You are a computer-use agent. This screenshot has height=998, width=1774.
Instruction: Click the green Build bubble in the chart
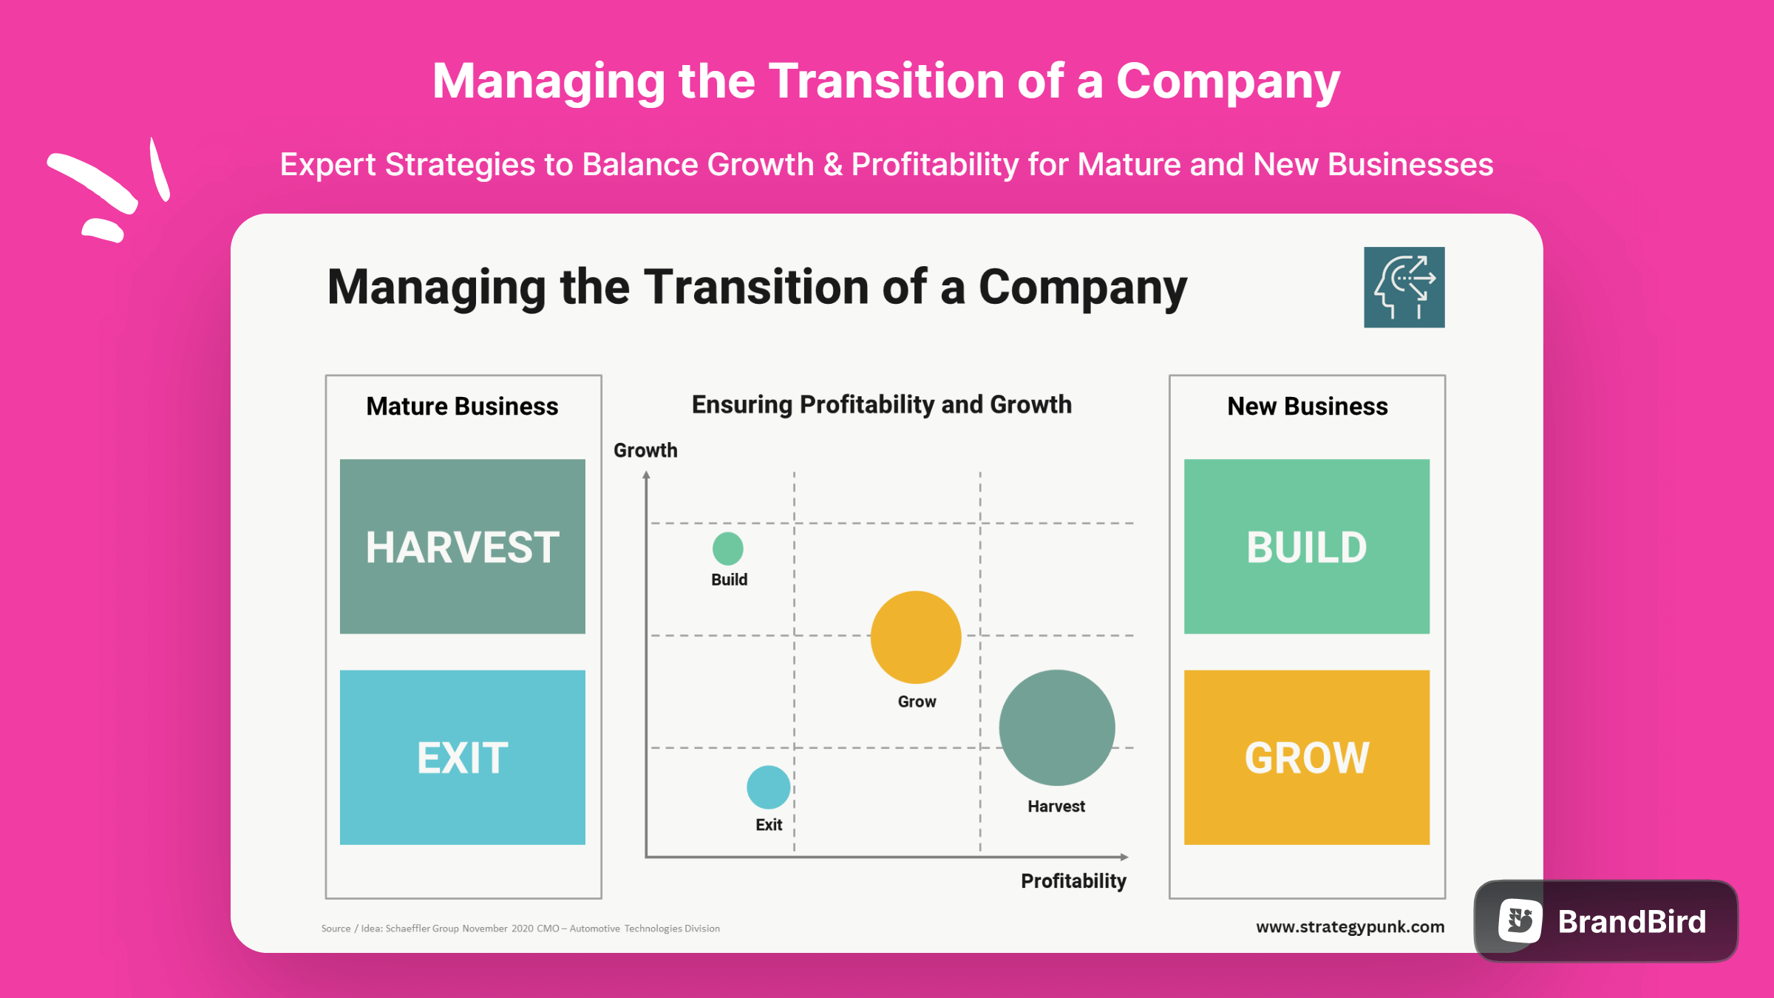click(727, 549)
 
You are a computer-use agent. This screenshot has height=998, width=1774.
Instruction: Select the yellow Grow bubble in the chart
click(916, 637)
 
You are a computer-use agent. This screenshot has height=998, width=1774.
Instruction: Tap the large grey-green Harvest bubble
click(1056, 728)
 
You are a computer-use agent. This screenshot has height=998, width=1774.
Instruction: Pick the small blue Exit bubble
click(768, 787)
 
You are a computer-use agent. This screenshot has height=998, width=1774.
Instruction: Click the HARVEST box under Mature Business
click(463, 546)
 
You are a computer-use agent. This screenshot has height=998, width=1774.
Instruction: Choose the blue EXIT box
click(463, 757)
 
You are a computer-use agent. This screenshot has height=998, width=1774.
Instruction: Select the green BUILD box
click(1306, 546)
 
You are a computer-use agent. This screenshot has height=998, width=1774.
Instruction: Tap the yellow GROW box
click(1306, 757)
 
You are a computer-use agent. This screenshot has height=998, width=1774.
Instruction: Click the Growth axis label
click(645, 450)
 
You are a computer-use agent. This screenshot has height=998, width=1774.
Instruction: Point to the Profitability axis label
click(1073, 881)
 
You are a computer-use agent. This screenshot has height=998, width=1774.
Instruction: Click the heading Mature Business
click(462, 407)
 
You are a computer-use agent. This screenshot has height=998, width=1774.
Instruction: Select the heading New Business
click(1307, 407)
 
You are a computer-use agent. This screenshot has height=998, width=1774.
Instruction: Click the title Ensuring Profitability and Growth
click(881, 405)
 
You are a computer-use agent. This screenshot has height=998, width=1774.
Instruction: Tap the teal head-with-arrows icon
click(1404, 288)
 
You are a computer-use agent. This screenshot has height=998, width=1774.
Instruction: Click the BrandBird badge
click(1605, 921)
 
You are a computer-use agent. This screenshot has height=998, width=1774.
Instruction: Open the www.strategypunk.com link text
click(1350, 927)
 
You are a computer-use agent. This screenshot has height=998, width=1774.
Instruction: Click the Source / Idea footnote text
click(520, 929)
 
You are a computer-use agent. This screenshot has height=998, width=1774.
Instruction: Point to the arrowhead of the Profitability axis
click(1124, 857)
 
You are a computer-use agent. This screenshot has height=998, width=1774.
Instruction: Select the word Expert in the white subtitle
click(327, 165)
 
